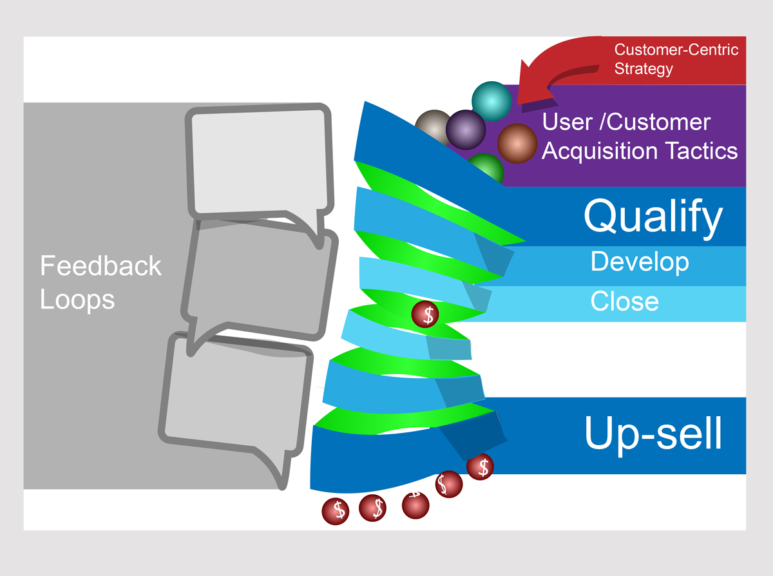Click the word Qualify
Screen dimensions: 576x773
[x=653, y=217]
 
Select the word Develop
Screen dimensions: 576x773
[x=640, y=262]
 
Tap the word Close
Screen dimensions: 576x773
[x=624, y=302]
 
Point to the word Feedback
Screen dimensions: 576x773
[x=100, y=266]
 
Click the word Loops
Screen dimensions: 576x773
[x=77, y=300]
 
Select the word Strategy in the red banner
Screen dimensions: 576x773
[x=644, y=69]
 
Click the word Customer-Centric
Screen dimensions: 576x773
[x=676, y=50]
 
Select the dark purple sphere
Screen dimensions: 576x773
[x=465, y=130]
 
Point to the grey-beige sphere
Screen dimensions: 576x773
[x=431, y=122]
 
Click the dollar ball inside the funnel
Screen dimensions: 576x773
[x=426, y=314]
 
